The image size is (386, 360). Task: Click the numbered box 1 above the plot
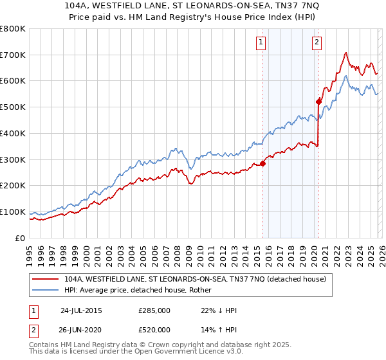point(261,43)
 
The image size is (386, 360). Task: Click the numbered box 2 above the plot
point(317,43)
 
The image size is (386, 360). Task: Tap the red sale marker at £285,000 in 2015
point(262,163)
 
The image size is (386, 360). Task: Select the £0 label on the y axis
point(20,238)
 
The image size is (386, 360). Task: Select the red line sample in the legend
point(47,279)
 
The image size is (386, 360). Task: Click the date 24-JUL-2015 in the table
point(82,310)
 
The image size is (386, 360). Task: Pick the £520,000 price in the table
point(154,329)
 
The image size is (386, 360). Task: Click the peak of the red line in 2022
point(346,53)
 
